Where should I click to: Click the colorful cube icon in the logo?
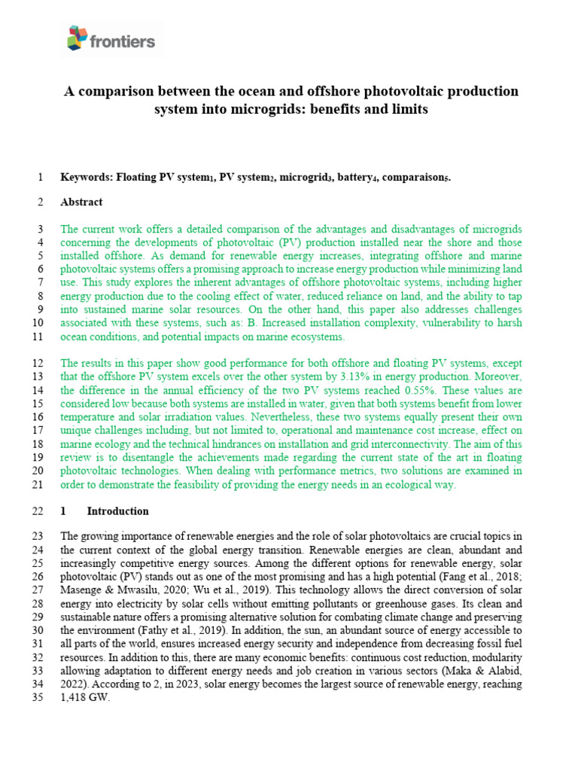click(x=78, y=37)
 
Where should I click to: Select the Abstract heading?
click(x=81, y=202)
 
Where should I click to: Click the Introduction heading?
click(x=117, y=511)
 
